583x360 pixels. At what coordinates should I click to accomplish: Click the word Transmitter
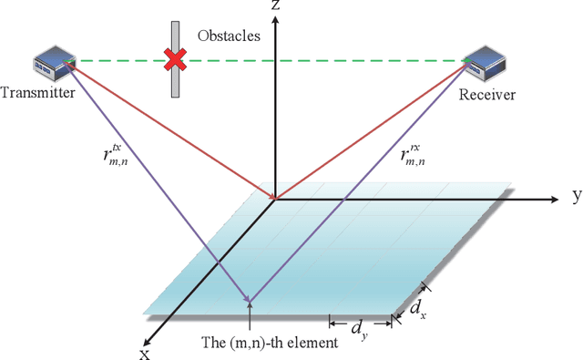[39, 92]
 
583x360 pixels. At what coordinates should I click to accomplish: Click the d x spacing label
[416, 308]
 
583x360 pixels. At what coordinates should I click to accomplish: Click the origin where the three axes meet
[274, 198]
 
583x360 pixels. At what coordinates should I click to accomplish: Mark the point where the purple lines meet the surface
[250, 303]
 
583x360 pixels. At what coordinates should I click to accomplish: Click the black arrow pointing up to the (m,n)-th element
[250, 319]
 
